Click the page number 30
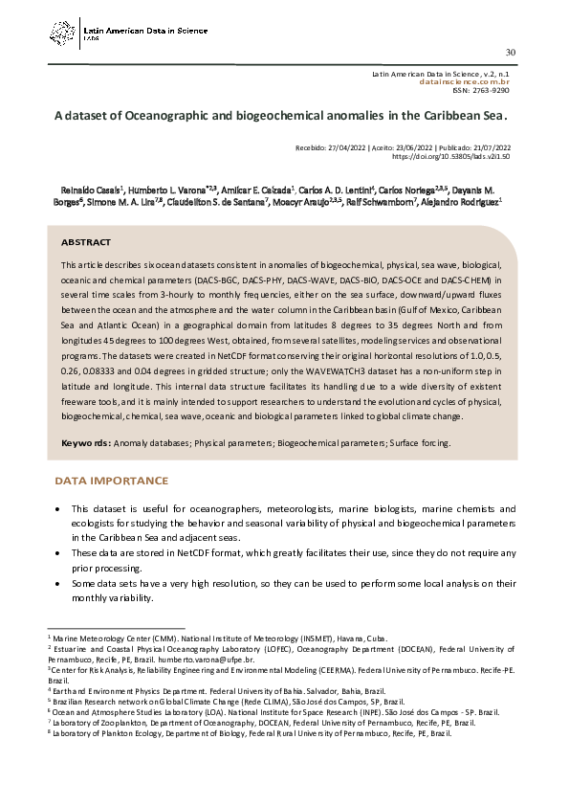pyautogui.click(x=510, y=52)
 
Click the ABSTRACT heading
pyautogui.click(x=86, y=242)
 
